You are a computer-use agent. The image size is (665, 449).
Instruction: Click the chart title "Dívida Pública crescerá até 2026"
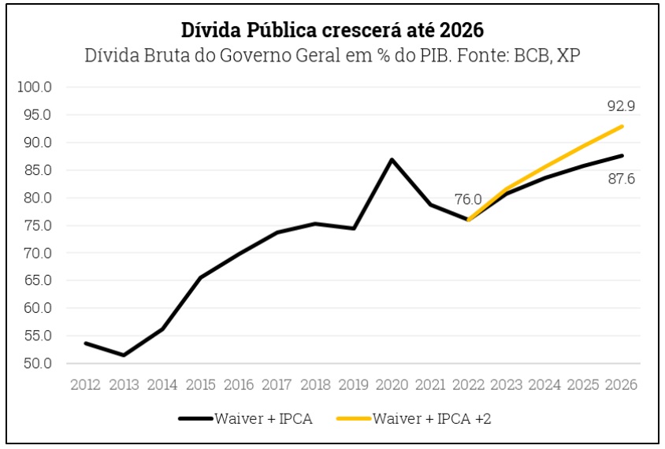coord(332,30)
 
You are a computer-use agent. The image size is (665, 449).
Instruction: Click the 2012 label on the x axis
coord(85,385)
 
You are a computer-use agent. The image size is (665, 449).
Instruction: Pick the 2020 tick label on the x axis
coord(392,385)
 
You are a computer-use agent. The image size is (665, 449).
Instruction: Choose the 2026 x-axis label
coord(622,385)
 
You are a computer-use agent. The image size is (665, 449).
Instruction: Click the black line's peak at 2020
coord(392,160)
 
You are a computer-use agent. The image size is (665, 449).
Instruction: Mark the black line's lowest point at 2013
coord(124,355)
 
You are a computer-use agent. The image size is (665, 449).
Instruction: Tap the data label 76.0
coord(468,200)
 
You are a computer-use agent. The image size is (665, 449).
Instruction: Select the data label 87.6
coord(620,179)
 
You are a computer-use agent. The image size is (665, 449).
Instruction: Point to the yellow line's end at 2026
coord(622,126)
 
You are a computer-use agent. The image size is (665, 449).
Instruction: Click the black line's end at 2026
coord(622,156)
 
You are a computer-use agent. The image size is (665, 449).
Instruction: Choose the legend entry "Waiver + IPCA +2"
coord(433,418)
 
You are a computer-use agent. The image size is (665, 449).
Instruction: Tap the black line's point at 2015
coord(200,277)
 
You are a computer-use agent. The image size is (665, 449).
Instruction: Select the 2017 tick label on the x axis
coord(277,385)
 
